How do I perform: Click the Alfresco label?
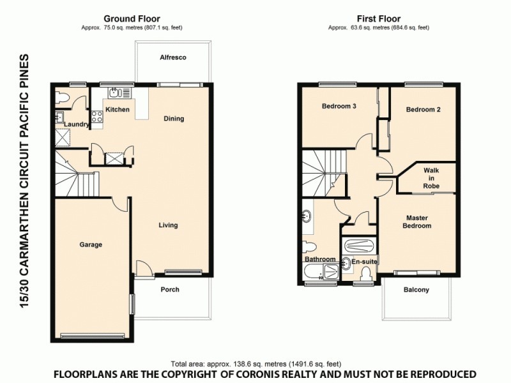(x=172, y=57)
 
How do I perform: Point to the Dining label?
(x=174, y=119)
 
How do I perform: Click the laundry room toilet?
(x=62, y=98)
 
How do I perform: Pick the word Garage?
(x=91, y=244)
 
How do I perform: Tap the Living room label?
(x=168, y=225)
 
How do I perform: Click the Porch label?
(x=170, y=290)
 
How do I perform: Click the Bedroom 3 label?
(x=339, y=107)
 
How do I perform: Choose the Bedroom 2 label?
(x=423, y=110)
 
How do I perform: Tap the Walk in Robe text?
(x=431, y=178)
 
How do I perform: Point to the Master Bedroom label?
(x=418, y=222)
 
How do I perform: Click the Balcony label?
(x=416, y=290)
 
